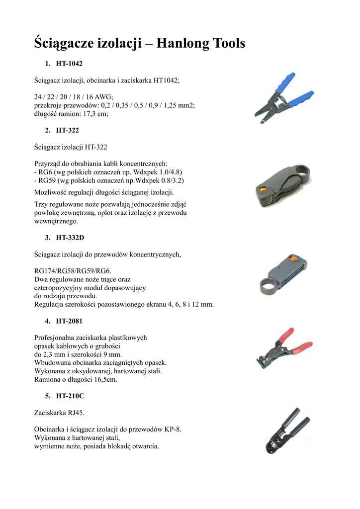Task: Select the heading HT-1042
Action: [x=69, y=64]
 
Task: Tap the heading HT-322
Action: [x=67, y=130]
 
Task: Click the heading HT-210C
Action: [x=70, y=396]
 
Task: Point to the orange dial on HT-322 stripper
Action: [x=262, y=189]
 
